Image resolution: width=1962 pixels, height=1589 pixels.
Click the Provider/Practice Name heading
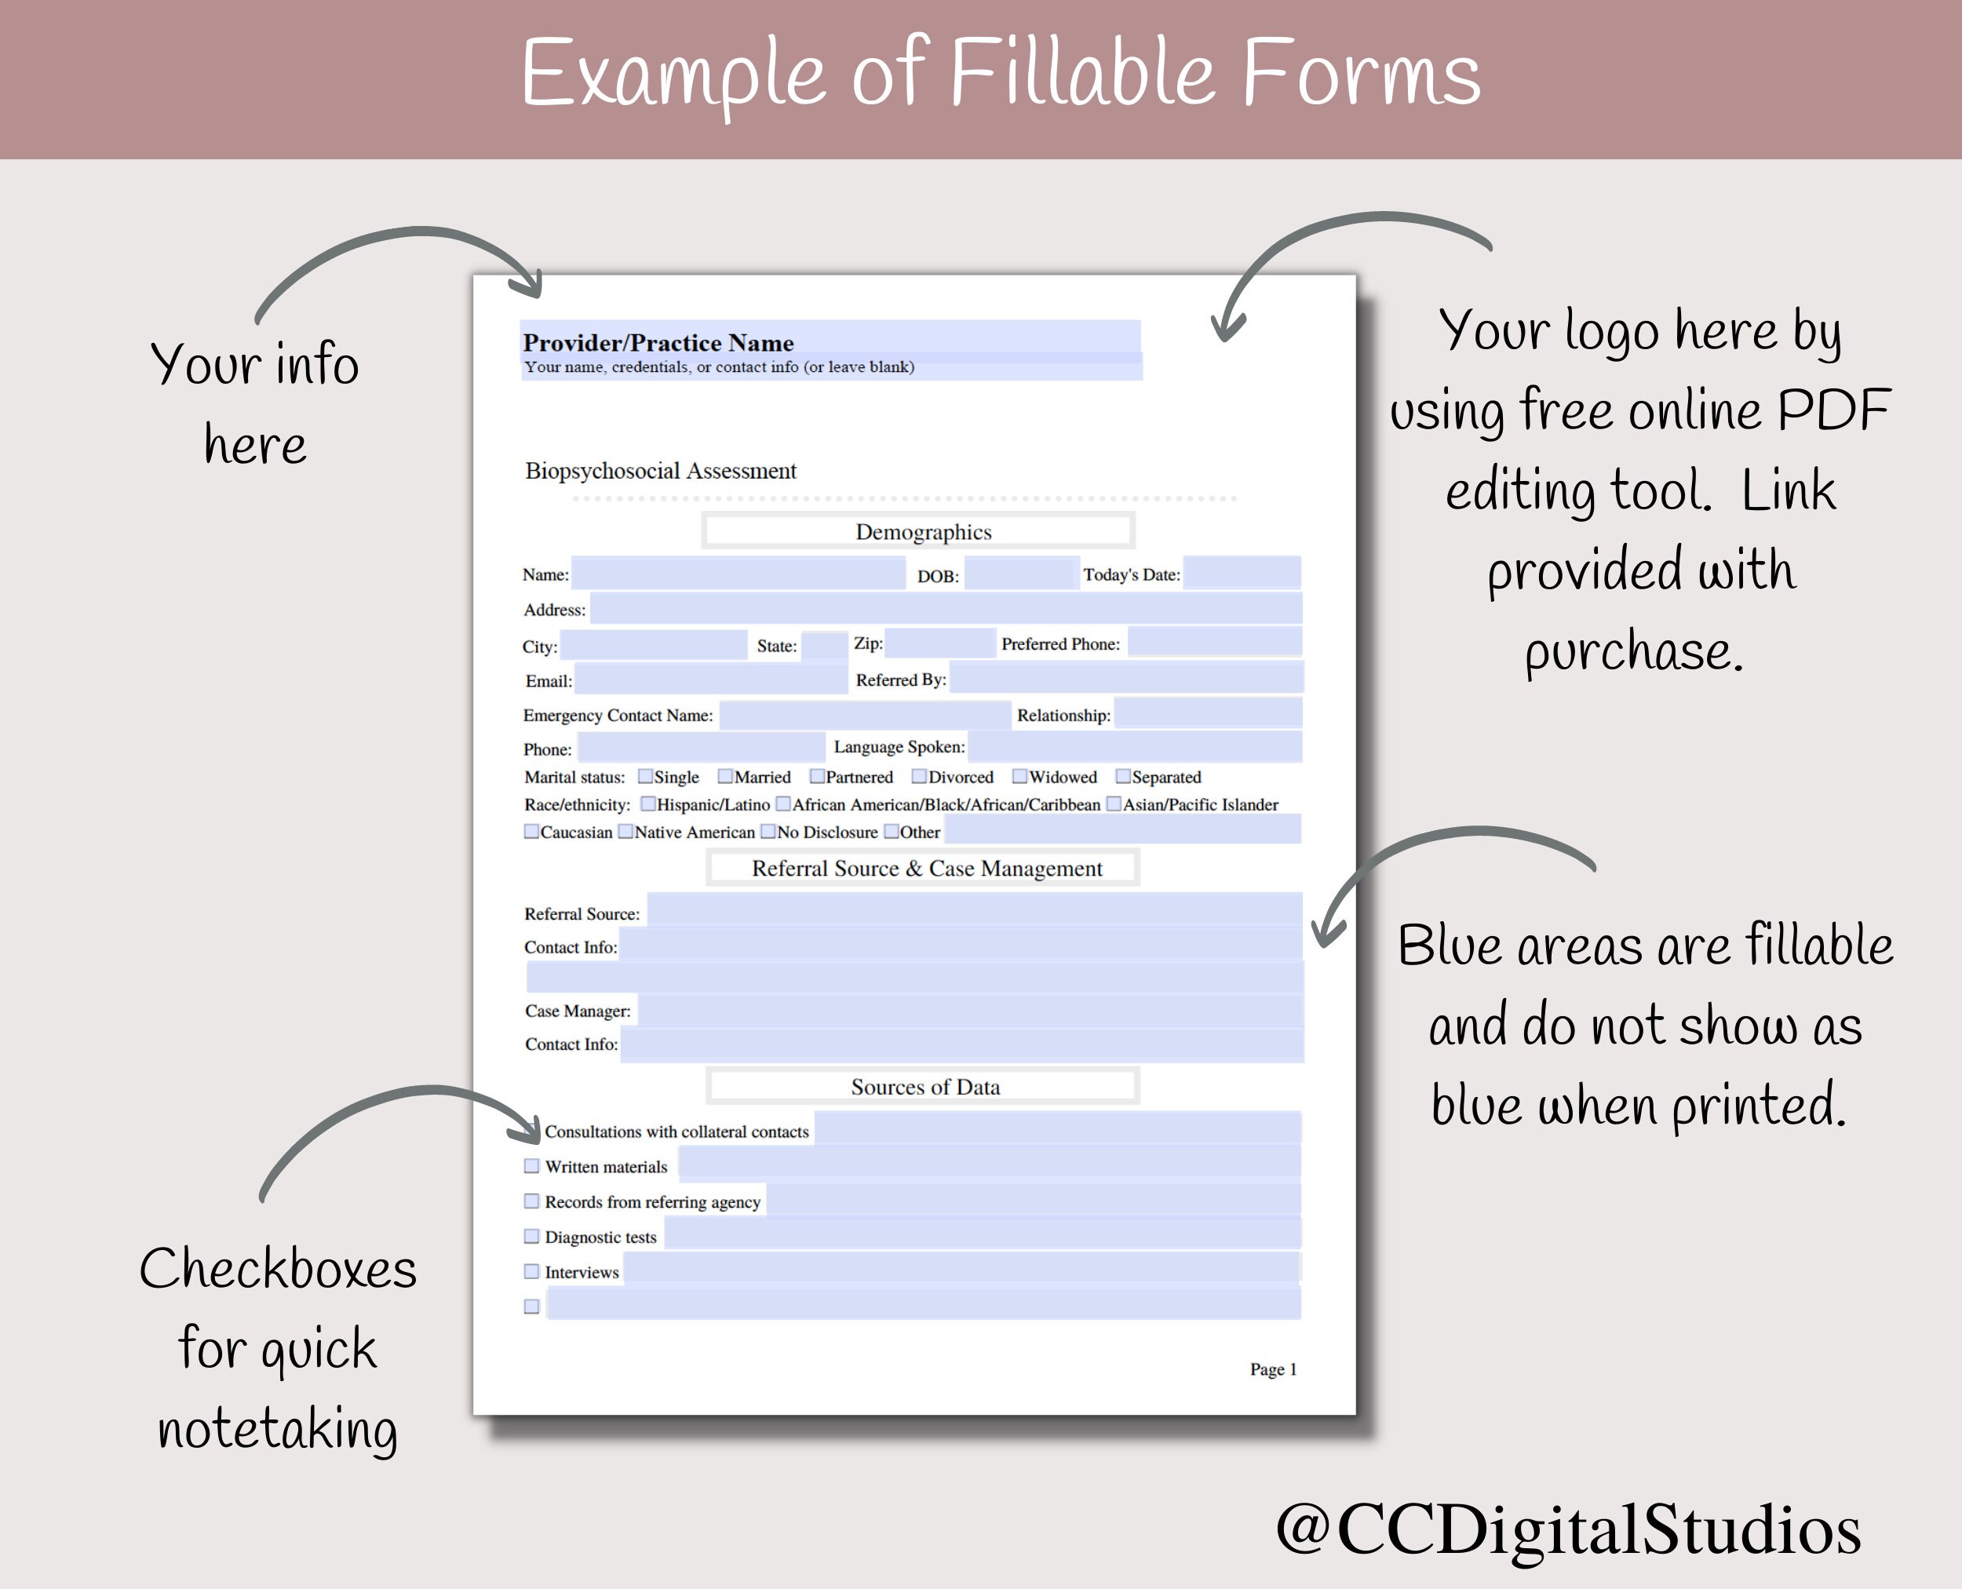658,343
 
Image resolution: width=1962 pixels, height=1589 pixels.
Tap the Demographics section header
922,532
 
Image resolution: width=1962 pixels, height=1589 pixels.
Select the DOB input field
1020,574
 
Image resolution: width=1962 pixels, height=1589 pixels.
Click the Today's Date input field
1241,573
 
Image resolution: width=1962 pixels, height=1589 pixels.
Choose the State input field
824,645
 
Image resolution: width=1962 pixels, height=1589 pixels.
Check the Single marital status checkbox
645,777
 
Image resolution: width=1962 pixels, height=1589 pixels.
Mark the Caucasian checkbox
531,832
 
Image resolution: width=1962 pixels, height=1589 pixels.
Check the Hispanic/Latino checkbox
648,804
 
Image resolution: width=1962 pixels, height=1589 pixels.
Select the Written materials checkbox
531,1166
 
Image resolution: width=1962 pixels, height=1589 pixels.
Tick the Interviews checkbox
531,1271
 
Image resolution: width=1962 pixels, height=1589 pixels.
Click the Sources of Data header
924,1088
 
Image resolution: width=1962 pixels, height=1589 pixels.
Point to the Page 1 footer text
1273,1369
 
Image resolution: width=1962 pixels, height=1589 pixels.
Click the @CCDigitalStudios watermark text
1567,1528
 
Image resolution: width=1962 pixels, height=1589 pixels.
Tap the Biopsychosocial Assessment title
660,471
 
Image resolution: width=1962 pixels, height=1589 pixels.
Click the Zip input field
939,643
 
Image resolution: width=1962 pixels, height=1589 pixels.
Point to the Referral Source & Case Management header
927,869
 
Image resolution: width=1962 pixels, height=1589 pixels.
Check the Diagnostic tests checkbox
531,1237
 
